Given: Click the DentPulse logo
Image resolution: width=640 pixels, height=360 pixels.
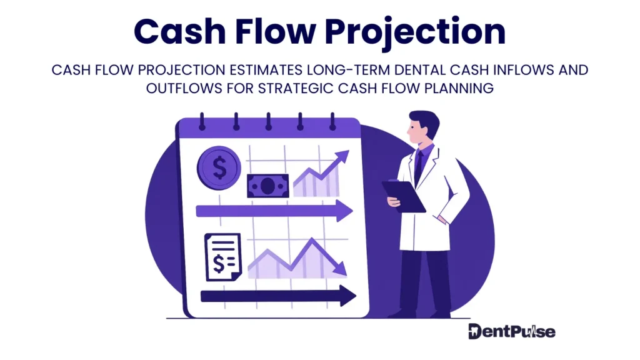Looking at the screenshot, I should [x=511, y=331].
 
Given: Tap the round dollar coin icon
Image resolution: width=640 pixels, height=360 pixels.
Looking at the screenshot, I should [x=219, y=166].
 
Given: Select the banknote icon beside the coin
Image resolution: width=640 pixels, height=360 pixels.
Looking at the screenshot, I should [x=267, y=185].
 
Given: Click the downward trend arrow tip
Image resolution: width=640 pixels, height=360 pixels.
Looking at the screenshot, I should [x=342, y=271].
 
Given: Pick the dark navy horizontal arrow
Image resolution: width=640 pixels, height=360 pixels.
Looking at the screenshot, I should [x=277, y=296].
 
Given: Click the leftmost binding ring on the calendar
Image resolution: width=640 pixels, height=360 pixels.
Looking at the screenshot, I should [x=202, y=121].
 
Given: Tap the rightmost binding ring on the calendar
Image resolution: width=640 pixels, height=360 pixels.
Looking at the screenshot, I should [x=333, y=121].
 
